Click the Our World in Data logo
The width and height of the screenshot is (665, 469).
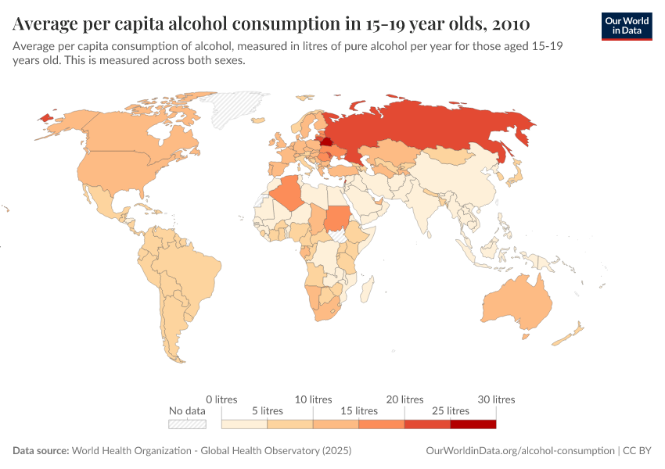[627, 26]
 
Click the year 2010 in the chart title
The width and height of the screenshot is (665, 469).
[506, 21]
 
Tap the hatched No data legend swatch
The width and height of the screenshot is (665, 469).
[187, 424]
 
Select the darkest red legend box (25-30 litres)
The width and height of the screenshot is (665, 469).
[473, 424]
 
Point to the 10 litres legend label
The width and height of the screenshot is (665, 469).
[313, 399]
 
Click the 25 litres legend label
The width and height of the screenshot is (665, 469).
[449, 410]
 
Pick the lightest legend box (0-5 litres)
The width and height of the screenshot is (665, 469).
[244, 424]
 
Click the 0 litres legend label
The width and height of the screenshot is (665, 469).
[221, 399]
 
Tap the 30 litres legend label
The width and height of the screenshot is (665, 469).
[495, 399]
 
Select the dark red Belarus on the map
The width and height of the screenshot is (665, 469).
[325, 141]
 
